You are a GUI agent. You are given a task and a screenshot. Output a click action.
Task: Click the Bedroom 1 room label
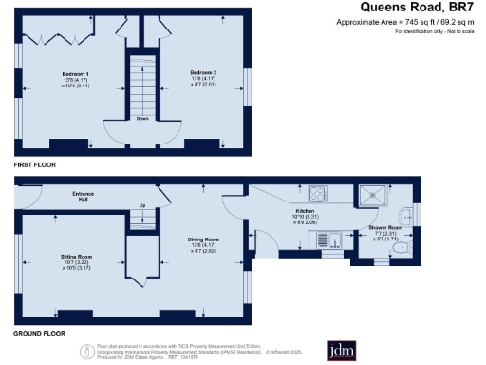click(74, 73)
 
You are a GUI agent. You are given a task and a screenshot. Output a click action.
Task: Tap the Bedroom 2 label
click(202, 73)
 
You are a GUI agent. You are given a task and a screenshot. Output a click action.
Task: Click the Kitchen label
click(304, 210)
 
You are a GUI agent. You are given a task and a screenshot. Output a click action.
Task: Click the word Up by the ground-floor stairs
click(142, 205)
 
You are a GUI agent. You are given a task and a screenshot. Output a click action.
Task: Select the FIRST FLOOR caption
click(35, 165)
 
